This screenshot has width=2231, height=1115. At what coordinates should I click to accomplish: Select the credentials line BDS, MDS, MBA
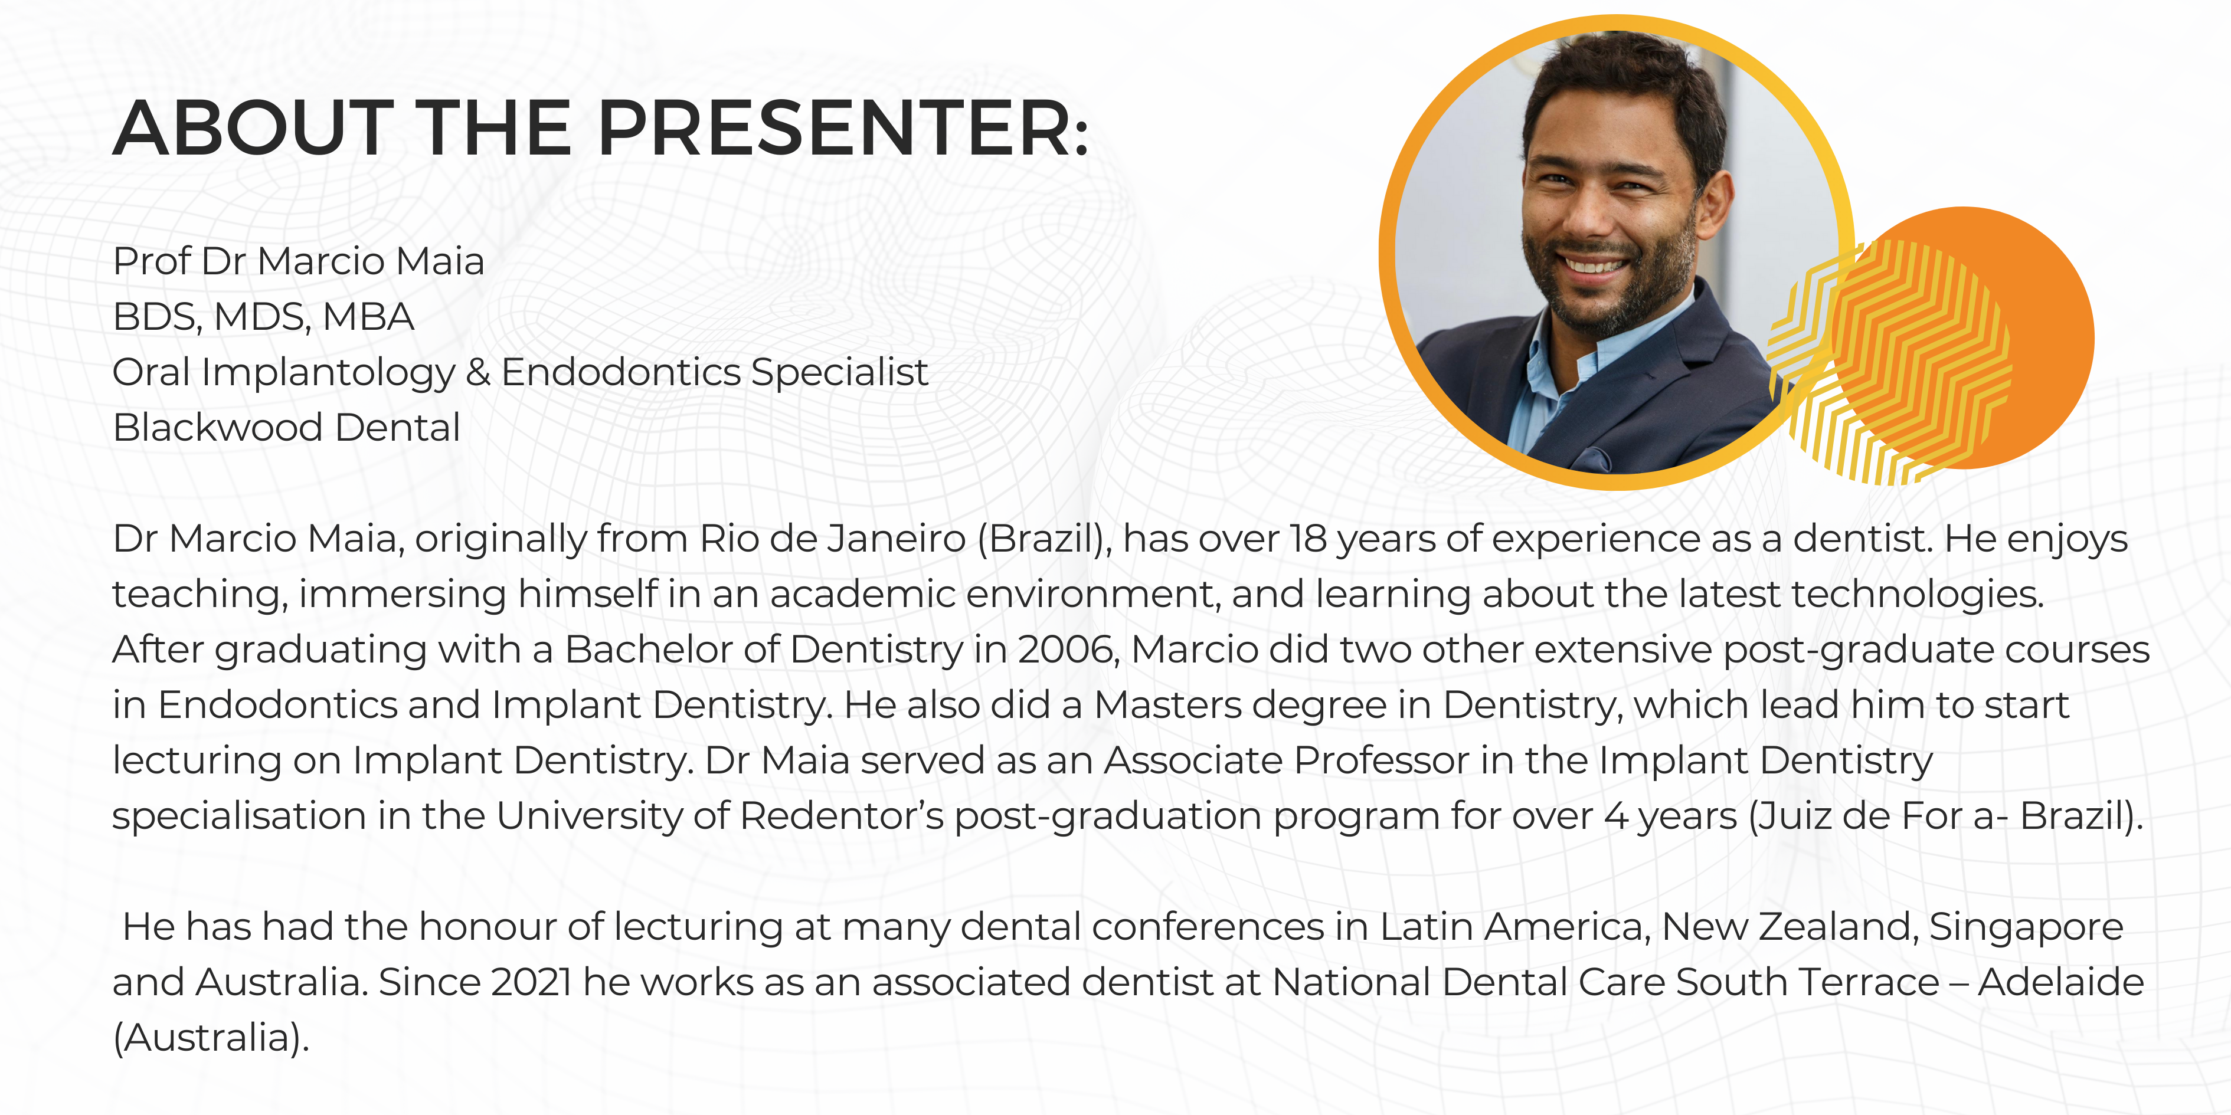point(263,317)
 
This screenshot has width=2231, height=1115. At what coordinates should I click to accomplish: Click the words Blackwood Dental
point(286,428)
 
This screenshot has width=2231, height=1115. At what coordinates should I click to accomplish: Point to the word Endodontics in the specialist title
point(620,372)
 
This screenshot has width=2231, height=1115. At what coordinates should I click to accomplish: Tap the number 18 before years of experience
point(1308,539)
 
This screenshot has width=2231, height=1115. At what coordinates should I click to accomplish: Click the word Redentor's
point(841,815)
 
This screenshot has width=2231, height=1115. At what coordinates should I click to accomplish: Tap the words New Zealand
point(1785,926)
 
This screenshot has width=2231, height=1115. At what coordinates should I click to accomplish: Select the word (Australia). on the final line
point(211,1037)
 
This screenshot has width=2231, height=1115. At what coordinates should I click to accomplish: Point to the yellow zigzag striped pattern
point(1888,363)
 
